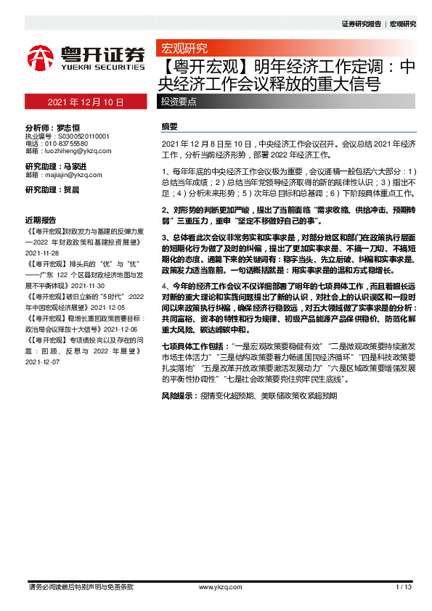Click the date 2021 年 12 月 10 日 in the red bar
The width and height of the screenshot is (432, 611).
click(85, 102)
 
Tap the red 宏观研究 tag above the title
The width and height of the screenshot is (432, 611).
click(184, 49)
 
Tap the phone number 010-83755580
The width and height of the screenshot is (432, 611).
click(70, 144)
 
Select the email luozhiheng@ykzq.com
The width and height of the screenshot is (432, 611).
click(78, 152)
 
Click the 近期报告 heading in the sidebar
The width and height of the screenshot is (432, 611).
click(41, 219)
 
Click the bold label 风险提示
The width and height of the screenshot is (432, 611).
click(177, 396)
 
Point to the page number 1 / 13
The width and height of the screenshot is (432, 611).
click(404, 586)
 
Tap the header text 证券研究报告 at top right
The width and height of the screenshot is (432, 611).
click(361, 24)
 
